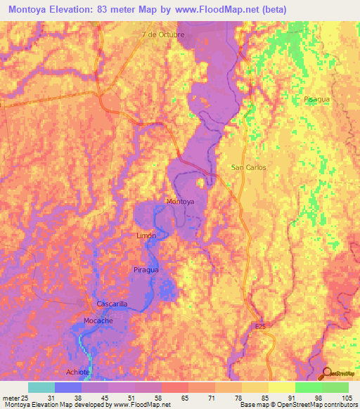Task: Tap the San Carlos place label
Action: coord(248,167)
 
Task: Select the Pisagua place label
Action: coord(316,100)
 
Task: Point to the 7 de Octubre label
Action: coord(163,34)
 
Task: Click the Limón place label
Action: coord(146,236)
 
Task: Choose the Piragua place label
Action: coord(146,269)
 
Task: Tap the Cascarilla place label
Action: coord(112,304)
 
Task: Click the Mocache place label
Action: coord(98,320)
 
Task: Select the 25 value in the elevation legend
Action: coord(26,398)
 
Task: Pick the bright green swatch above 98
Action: coord(309,387)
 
